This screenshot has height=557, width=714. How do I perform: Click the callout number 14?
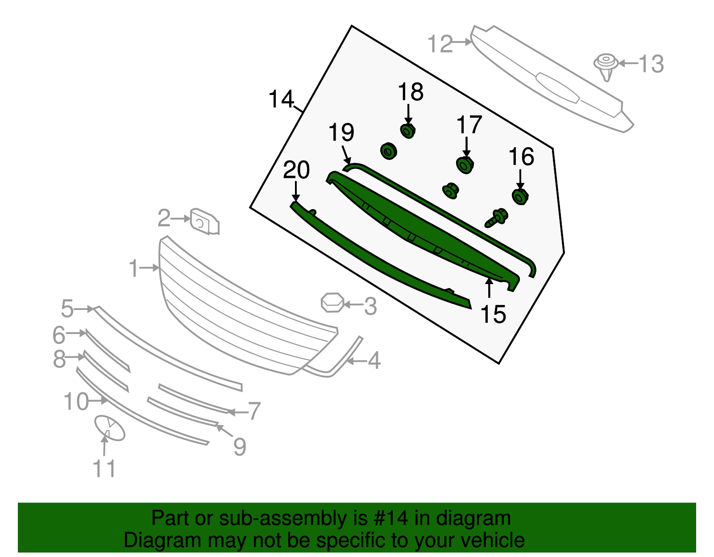click(281, 99)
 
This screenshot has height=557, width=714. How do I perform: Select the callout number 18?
click(411, 92)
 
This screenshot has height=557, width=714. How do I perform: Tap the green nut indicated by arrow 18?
click(408, 131)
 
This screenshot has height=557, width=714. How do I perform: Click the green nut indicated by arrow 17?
click(465, 165)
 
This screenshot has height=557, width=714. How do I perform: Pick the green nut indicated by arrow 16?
click(520, 197)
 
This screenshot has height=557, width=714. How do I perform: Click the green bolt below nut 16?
click(496, 218)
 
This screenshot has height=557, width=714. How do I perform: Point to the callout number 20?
click(296, 170)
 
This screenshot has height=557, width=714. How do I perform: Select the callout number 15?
click(493, 314)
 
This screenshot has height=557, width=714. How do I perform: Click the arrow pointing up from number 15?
click(490, 287)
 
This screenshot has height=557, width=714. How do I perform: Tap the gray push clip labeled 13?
click(606, 66)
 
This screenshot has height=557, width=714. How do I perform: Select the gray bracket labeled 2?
click(204, 221)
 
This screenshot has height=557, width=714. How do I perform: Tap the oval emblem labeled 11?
click(110, 428)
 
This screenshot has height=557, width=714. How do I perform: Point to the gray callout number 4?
click(374, 360)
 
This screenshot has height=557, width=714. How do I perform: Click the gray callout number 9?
click(240, 446)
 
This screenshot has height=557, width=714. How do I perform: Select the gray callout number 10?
click(76, 402)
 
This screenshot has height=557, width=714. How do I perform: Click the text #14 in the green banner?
click(388, 519)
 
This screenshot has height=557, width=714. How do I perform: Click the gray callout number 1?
click(133, 268)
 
